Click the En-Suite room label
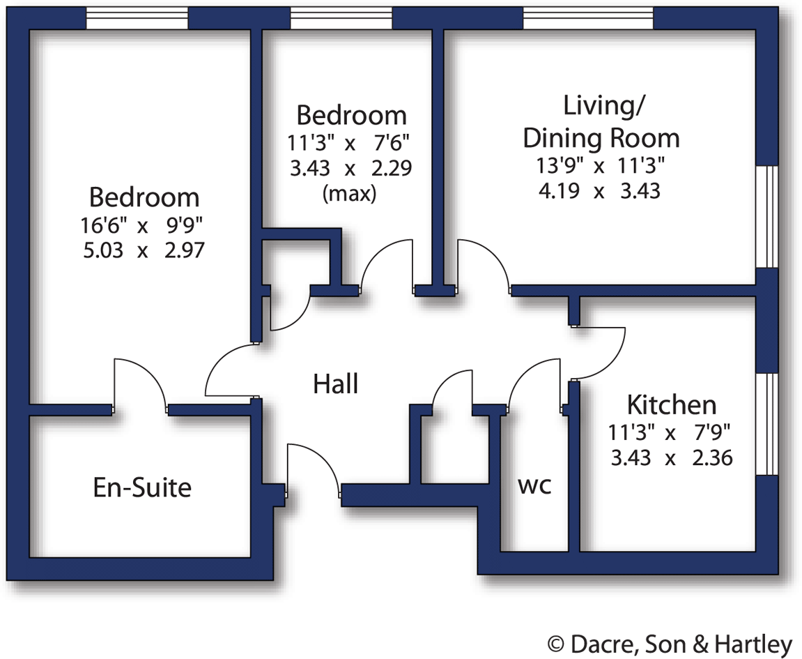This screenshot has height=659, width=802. (142, 487)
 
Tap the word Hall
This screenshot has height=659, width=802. (335, 384)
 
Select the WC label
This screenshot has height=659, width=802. (534, 486)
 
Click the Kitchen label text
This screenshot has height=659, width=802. (671, 405)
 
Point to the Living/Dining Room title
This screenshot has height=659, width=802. (601, 122)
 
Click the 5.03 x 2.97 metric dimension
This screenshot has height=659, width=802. (144, 250)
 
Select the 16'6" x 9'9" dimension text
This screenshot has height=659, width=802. (144, 225)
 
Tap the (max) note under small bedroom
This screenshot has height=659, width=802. (349, 193)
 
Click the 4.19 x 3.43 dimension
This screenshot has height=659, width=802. (599, 190)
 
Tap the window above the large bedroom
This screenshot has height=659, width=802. (137, 19)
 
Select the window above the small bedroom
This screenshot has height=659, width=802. (341, 19)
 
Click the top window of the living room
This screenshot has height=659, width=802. (588, 19)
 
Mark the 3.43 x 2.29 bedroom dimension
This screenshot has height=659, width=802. (349, 168)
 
